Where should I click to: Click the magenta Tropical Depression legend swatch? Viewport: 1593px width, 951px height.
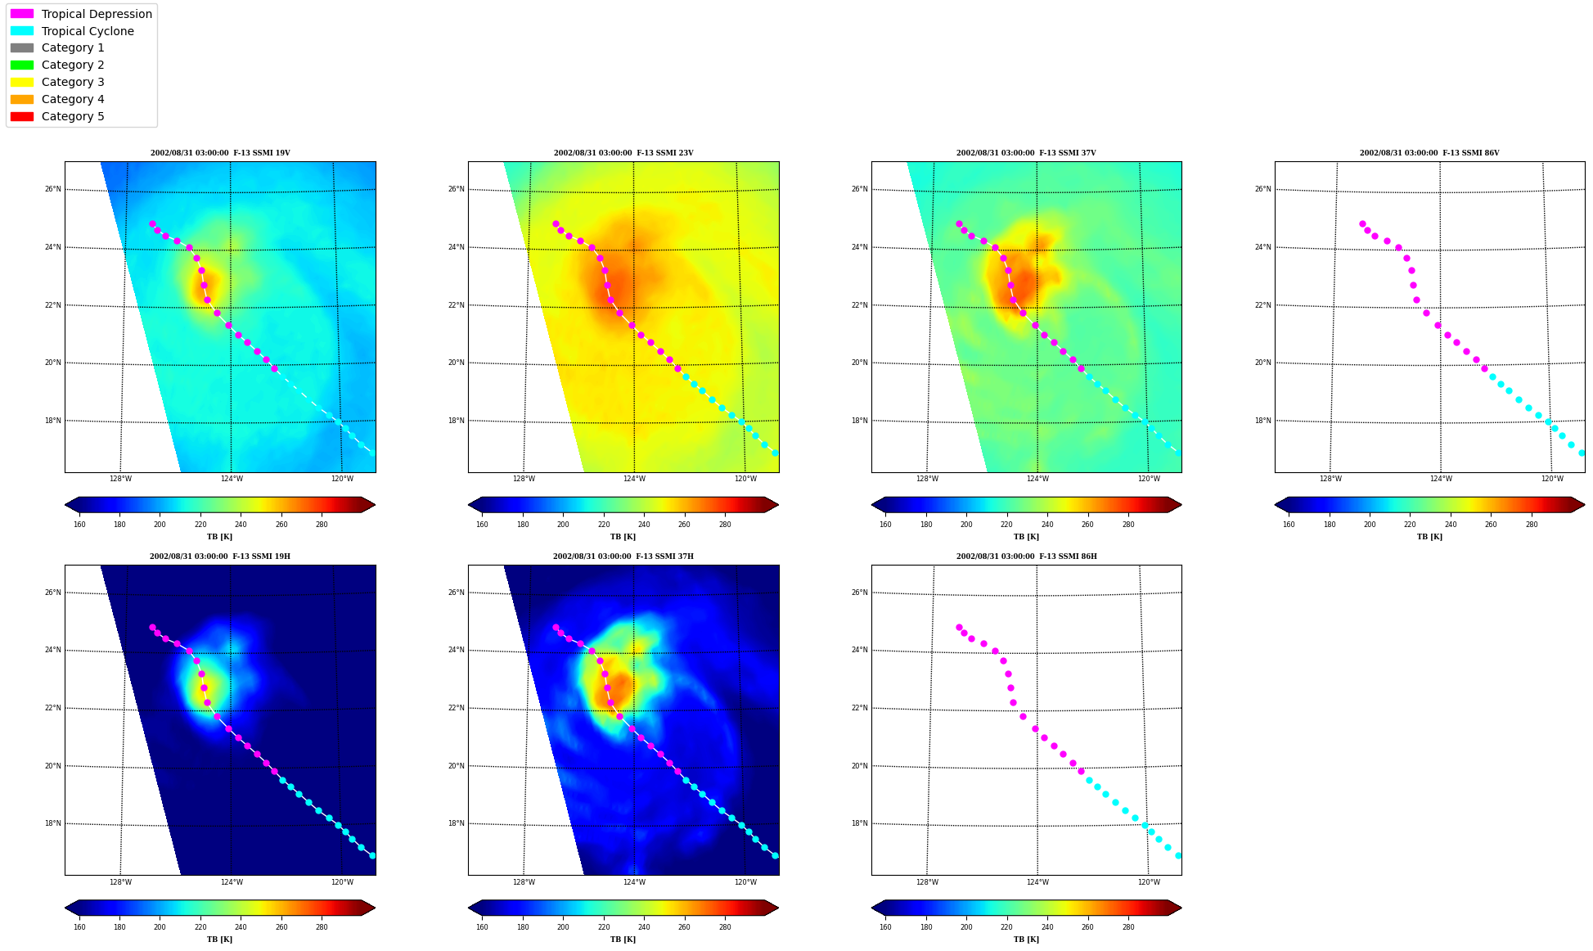(x=22, y=14)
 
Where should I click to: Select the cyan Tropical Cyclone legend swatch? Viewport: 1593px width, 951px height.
(x=22, y=31)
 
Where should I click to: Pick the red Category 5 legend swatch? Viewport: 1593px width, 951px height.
(x=22, y=116)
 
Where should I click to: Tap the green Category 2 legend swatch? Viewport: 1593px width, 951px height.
(x=22, y=65)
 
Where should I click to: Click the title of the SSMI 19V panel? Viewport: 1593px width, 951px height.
(x=220, y=153)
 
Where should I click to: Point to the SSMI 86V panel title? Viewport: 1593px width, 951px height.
(x=1429, y=153)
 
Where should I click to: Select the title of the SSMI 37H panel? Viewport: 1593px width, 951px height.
(x=623, y=557)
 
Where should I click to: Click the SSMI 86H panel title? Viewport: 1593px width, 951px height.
(x=1027, y=557)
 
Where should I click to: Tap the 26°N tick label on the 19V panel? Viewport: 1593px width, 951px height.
(x=53, y=189)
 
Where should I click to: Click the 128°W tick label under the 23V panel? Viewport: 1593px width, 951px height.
(x=524, y=480)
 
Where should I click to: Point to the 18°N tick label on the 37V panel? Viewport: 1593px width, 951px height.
(x=860, y=421)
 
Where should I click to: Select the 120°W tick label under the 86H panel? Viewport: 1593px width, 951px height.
(x=1149, y=882)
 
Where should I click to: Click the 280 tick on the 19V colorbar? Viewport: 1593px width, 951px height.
(x=322, y=525)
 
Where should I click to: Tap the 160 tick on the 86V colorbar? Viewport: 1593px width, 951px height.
(x=1289, y=525)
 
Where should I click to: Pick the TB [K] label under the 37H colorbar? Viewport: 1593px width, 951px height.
(x=623, y=940)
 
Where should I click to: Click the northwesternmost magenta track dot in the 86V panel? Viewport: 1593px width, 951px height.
(x=1362, y=223)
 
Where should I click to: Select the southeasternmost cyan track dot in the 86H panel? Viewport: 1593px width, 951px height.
(x=1178, y=855)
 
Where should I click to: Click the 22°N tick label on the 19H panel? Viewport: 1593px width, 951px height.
(x=53, y=708)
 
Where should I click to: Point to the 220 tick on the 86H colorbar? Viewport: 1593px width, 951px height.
(x=1006, y=927)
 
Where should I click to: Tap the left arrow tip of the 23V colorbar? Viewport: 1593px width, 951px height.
(x=469, y=505)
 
